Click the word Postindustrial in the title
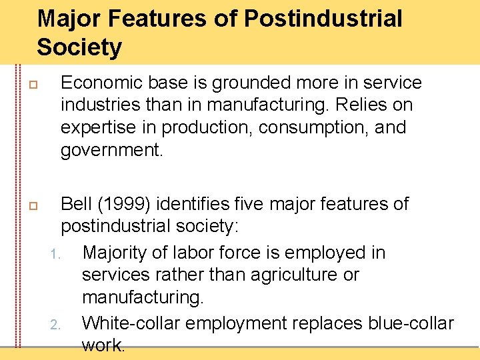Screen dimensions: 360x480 click(323, 19)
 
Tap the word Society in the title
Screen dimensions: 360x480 click(79, 48)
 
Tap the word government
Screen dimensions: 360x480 click(111, 150)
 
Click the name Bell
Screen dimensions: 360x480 click(75, 203)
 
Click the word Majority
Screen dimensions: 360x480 click(118, 253)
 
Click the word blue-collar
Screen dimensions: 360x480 click(411, 323)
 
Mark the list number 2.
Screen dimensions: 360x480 click(56, 325)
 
